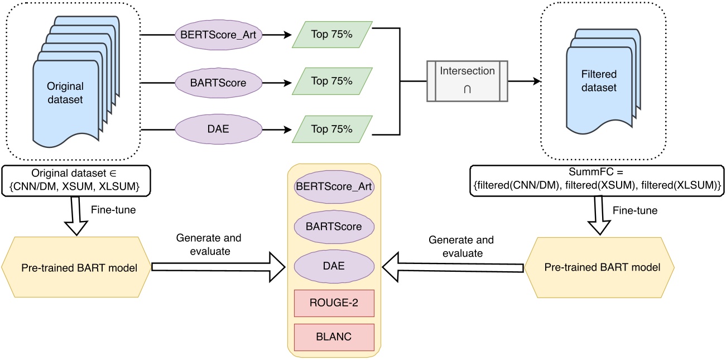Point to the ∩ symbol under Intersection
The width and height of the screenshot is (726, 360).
coord(468,89)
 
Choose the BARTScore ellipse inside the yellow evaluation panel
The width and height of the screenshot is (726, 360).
coord(334,227)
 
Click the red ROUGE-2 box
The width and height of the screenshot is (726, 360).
coord(334,303)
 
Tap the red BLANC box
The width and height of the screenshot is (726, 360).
coord(334,337)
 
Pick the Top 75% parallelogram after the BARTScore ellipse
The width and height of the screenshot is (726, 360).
coord(332,81)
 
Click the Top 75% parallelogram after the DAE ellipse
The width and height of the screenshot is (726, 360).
coord(332,129)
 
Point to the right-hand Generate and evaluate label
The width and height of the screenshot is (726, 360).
coord(461,246)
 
